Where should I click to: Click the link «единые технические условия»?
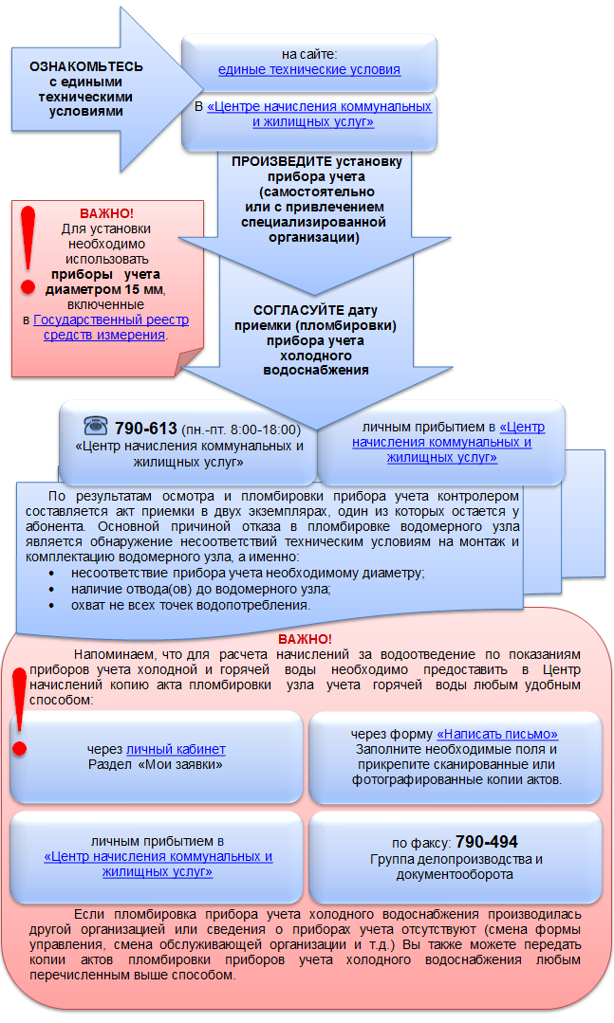point(309,70)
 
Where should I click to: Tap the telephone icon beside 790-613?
point(96,426)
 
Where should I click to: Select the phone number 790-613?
point(145,428)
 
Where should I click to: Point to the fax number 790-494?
point(487,842)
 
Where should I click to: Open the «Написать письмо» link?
point(497,734)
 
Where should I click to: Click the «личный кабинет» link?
point(176,749)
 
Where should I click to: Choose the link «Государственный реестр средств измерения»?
point(111,327)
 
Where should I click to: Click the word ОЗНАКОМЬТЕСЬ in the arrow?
point(85,66)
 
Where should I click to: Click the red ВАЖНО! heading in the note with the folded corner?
point(106,213)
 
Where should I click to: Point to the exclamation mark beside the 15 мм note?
point(28,250)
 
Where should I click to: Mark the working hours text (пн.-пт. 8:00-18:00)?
point(241,429)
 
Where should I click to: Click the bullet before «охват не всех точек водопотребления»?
point(51,606)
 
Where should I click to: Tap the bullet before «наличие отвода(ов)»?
point(51,589)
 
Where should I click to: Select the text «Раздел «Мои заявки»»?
point(156,764)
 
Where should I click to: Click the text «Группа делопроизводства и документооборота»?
point(456,867)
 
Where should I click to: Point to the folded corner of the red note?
point(190,361)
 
